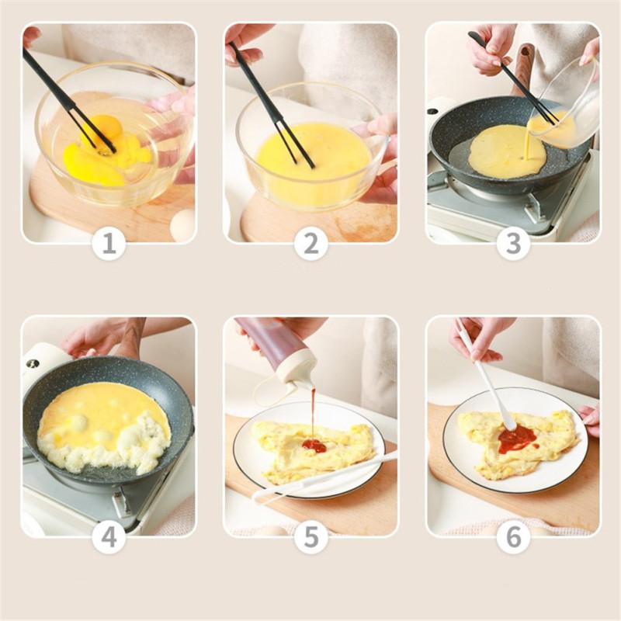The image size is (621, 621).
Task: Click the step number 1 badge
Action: (109, 243)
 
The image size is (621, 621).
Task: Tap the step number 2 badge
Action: (311, 243)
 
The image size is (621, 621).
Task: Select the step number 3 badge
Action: (513, 243)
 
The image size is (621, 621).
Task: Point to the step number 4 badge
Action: (109, 537)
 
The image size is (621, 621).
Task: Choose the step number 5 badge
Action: (311, 537)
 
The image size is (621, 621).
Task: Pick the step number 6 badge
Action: (513, 537)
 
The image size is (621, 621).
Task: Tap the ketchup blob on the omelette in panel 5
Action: (315, 446)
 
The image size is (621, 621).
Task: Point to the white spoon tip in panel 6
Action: (509, 424)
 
